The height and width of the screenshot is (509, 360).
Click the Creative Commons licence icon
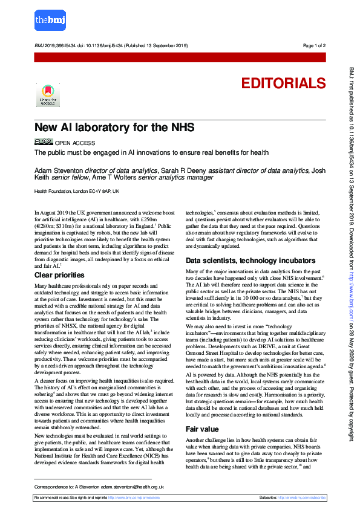[x=44, y=142]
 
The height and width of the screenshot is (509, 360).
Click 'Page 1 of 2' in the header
[x=314, y=46]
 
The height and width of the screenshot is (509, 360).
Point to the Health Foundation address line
[x=77, y=191]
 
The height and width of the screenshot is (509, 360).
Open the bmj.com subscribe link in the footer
[x=303, y=497]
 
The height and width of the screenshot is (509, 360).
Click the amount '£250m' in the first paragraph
[x=151, y=219]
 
